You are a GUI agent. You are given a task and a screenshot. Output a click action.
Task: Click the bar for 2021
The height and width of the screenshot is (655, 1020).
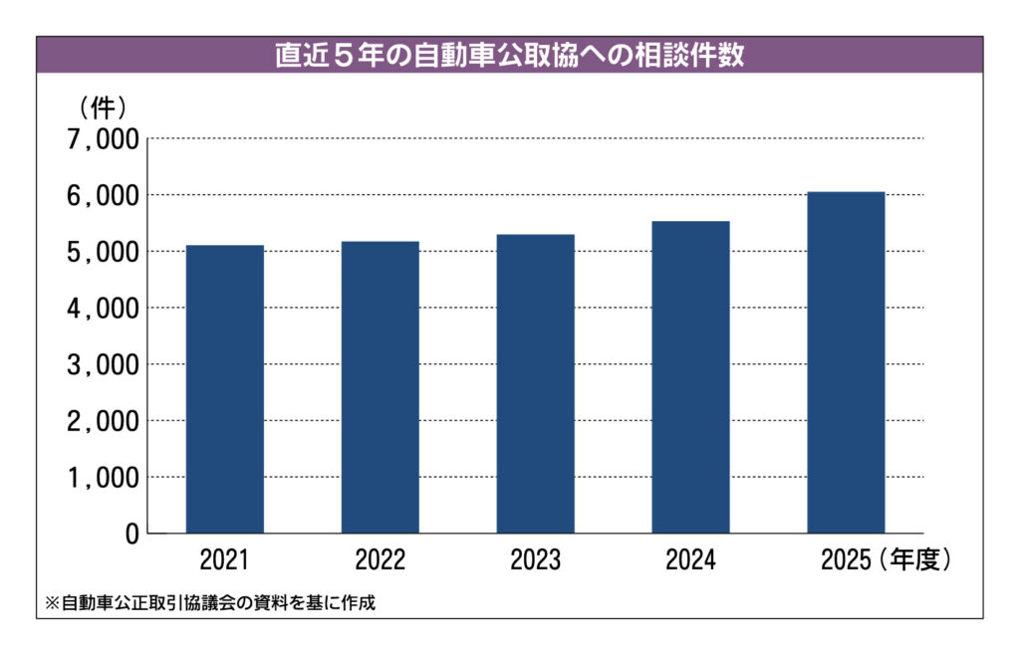coord(225,389)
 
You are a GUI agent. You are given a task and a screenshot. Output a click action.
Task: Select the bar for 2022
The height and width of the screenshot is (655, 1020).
coord(381,387)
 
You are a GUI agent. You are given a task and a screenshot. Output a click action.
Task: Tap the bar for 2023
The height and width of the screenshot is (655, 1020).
coord(535,384)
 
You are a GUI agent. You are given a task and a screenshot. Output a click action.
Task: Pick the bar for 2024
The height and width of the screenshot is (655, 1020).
coord(691,377)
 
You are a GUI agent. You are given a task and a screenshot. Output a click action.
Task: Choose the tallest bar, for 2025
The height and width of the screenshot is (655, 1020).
coord(847,362)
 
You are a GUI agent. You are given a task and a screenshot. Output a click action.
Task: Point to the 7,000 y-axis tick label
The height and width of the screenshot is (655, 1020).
coord(103,139)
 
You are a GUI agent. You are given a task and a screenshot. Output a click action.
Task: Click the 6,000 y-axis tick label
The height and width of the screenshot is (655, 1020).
coord(103,195)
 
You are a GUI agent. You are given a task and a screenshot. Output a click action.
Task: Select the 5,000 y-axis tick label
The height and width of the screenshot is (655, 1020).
coord(103,252)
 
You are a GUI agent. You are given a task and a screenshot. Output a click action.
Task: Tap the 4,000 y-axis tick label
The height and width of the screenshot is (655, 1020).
coord(103,309)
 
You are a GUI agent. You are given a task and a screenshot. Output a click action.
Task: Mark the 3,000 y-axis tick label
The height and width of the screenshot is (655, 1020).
coord(103,365)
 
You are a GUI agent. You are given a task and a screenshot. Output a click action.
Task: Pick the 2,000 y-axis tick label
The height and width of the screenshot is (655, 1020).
coord(103,422)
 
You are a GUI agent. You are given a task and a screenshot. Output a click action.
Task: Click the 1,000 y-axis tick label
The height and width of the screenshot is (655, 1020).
coord(103,478)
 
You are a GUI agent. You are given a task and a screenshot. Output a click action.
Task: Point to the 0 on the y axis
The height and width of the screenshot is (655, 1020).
coord(132,535)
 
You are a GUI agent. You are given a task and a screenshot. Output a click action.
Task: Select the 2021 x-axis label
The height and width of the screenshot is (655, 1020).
coord(224,559)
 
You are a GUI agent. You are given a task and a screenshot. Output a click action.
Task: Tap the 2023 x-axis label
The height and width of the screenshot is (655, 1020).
coord(535,559)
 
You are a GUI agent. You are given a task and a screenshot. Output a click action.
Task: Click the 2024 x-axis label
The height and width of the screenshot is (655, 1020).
coord(691,559)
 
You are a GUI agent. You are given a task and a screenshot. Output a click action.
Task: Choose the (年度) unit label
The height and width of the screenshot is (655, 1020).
coord(914,559)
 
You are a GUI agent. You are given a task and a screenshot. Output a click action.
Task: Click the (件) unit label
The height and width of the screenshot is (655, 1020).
coord(103,108)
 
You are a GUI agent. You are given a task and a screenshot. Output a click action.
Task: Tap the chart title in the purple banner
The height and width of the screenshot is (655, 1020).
coord(509,55)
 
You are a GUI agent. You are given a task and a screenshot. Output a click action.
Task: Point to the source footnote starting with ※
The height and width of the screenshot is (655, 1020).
coord(210,603)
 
